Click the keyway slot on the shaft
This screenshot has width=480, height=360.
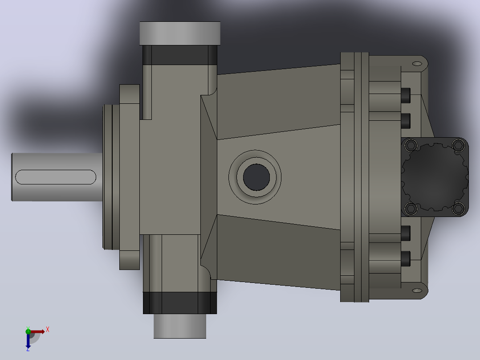pyautogui.click(x=56, y=177)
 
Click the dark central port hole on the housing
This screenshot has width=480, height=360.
pyautogui.click(x=256, y=177)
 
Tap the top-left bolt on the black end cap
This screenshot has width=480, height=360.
pyautogui.click(x=411, y=145)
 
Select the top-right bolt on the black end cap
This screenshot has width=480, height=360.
pyautogui.click(x=458, y=145)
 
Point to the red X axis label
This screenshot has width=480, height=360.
pyautogui.click(x=48, y=330)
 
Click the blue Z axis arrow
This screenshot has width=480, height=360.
pyautogui.click(x=28, y=341)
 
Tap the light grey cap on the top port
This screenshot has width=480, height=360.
pyautogui.click(x=180, y=33)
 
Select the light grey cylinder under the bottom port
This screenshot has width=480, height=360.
pyautogui.click(x=180, y=326)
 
